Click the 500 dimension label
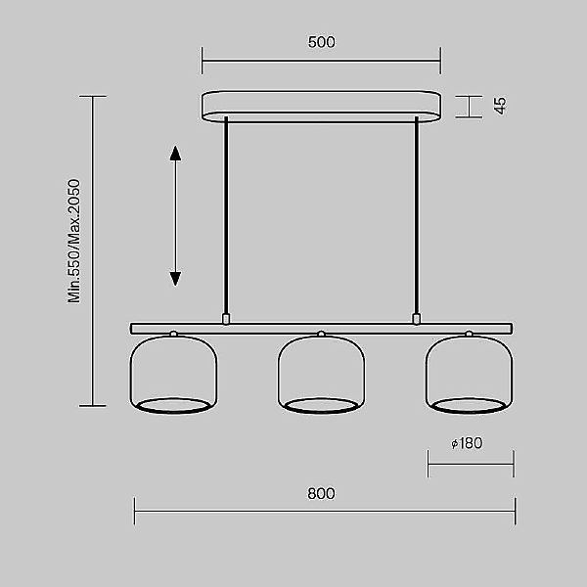(322, 42)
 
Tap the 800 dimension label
(321, 493)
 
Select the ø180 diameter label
(467, 443)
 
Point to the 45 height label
(500, 106)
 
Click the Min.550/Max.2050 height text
(73, 241)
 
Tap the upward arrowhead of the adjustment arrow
(175, 154)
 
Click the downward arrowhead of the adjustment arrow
(175, 279)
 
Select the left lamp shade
(173, 375)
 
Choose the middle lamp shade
(321, 375)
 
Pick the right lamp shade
(469, 375)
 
